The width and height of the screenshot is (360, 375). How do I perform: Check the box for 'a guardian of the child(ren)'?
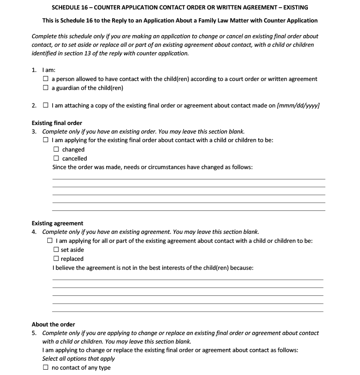(45, 88)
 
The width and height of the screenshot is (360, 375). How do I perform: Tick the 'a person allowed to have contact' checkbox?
(45, 79)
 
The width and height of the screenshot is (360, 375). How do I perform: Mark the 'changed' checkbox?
(56, 149)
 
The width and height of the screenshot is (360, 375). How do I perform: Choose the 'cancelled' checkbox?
(56, 158)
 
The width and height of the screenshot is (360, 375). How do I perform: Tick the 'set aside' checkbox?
(56, 250)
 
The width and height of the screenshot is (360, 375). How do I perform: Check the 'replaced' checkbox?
(56, 259)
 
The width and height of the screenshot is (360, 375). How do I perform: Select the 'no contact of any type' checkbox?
(45, 367)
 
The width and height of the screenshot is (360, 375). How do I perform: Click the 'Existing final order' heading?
(57, 123)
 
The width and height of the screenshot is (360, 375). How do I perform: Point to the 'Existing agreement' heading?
(57, 223)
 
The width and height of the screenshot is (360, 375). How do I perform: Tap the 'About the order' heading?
(53, 324)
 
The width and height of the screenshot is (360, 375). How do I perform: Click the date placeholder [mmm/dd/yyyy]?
(298, 106)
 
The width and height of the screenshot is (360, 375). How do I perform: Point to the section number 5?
(34, 333)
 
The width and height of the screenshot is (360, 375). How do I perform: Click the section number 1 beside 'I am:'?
(34, 70)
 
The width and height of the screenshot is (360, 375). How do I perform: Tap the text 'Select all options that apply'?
(78, 358)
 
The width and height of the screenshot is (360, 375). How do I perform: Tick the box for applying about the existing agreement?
(49, 241)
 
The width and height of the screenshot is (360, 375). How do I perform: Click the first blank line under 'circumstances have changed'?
(189, 179)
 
